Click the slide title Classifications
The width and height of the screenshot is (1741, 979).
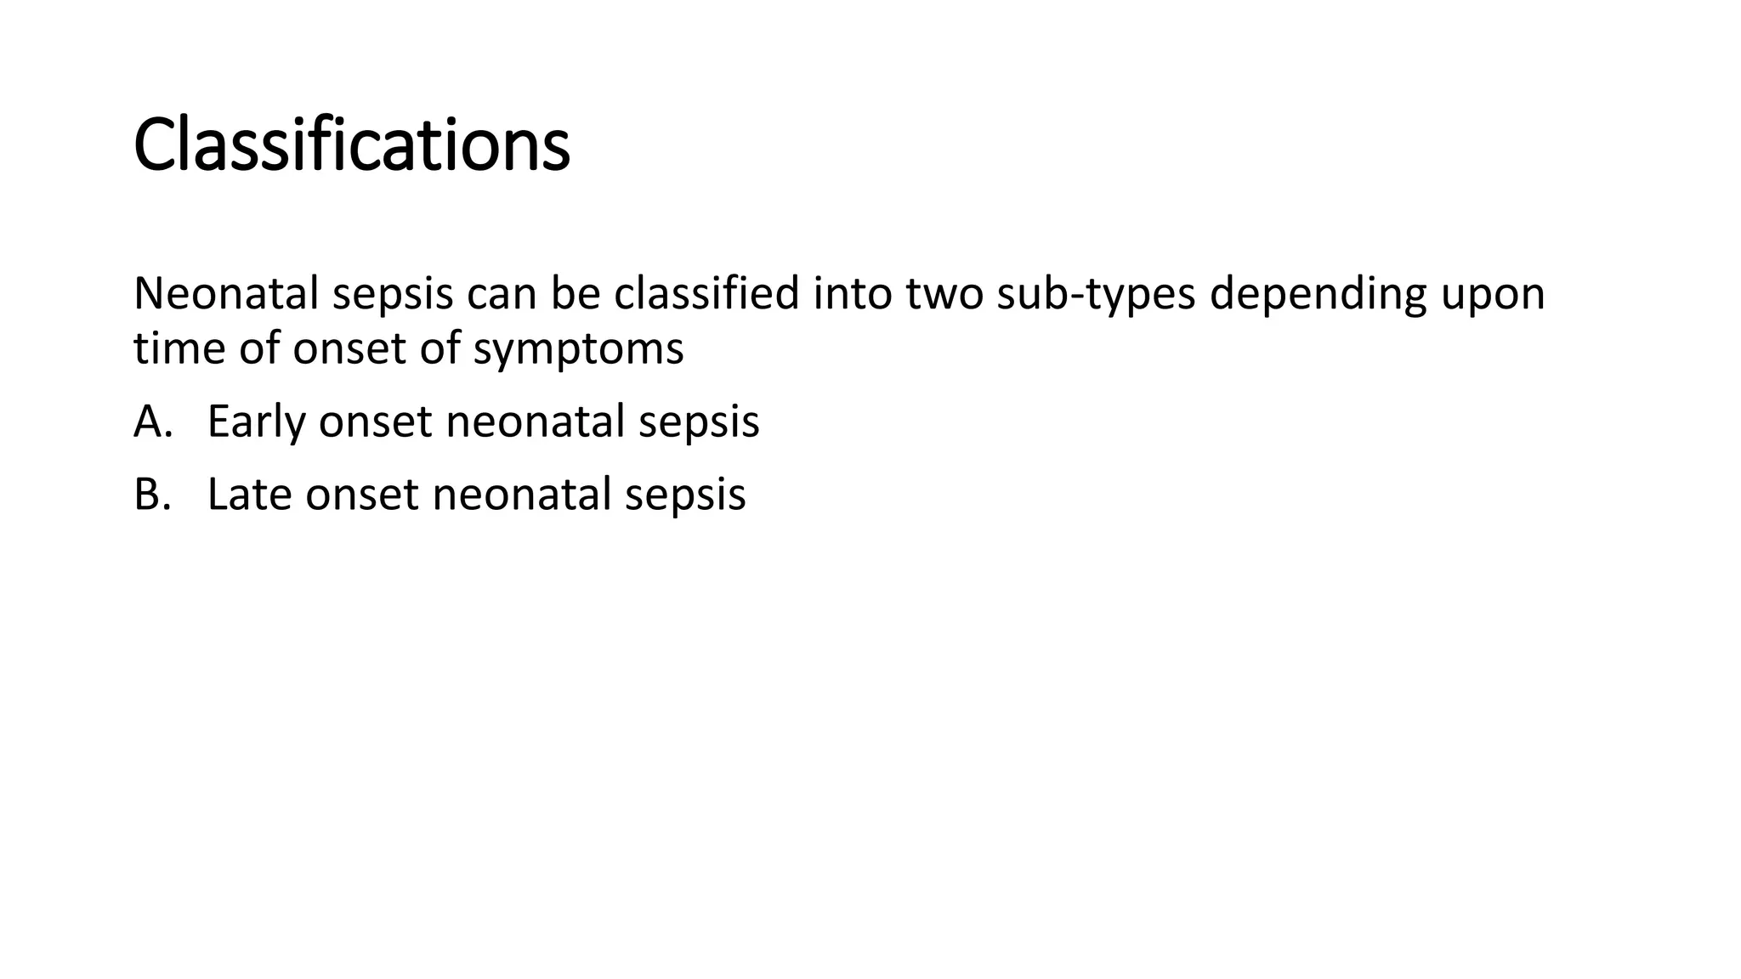pyautogui.click(x=351, y=145)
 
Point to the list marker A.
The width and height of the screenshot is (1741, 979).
pyautogui.click(x=153, y=422)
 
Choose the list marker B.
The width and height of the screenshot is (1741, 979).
pyautogui.click(x=153, y=495)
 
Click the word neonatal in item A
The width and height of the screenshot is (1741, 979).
pyautogui.click(x=535, y=422)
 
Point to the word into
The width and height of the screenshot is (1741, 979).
pyautogui.click(x=853, y=294)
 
